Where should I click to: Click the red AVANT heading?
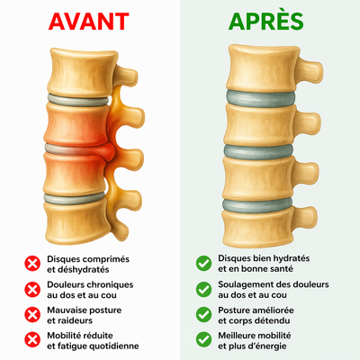[x=89, y=22]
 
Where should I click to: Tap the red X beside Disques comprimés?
[x=32, y=264]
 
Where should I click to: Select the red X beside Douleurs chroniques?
[x=32, y=290]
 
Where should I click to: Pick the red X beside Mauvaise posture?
[x=32, y=315]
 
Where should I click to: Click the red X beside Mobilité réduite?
[x=32, y=340]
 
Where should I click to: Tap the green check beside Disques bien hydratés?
[x=203, y=263]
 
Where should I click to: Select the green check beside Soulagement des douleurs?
[x=203, y=289]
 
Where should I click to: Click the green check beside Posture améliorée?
[x=203, y=314]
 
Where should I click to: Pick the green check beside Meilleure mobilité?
[x=203, y=339]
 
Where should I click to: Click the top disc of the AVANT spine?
[x=78, y=100]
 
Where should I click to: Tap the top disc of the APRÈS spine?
[x=260, y=98]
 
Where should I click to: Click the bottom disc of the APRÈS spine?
[x=257, y=205]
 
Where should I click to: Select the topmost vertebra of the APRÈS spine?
[x=264, y=68]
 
